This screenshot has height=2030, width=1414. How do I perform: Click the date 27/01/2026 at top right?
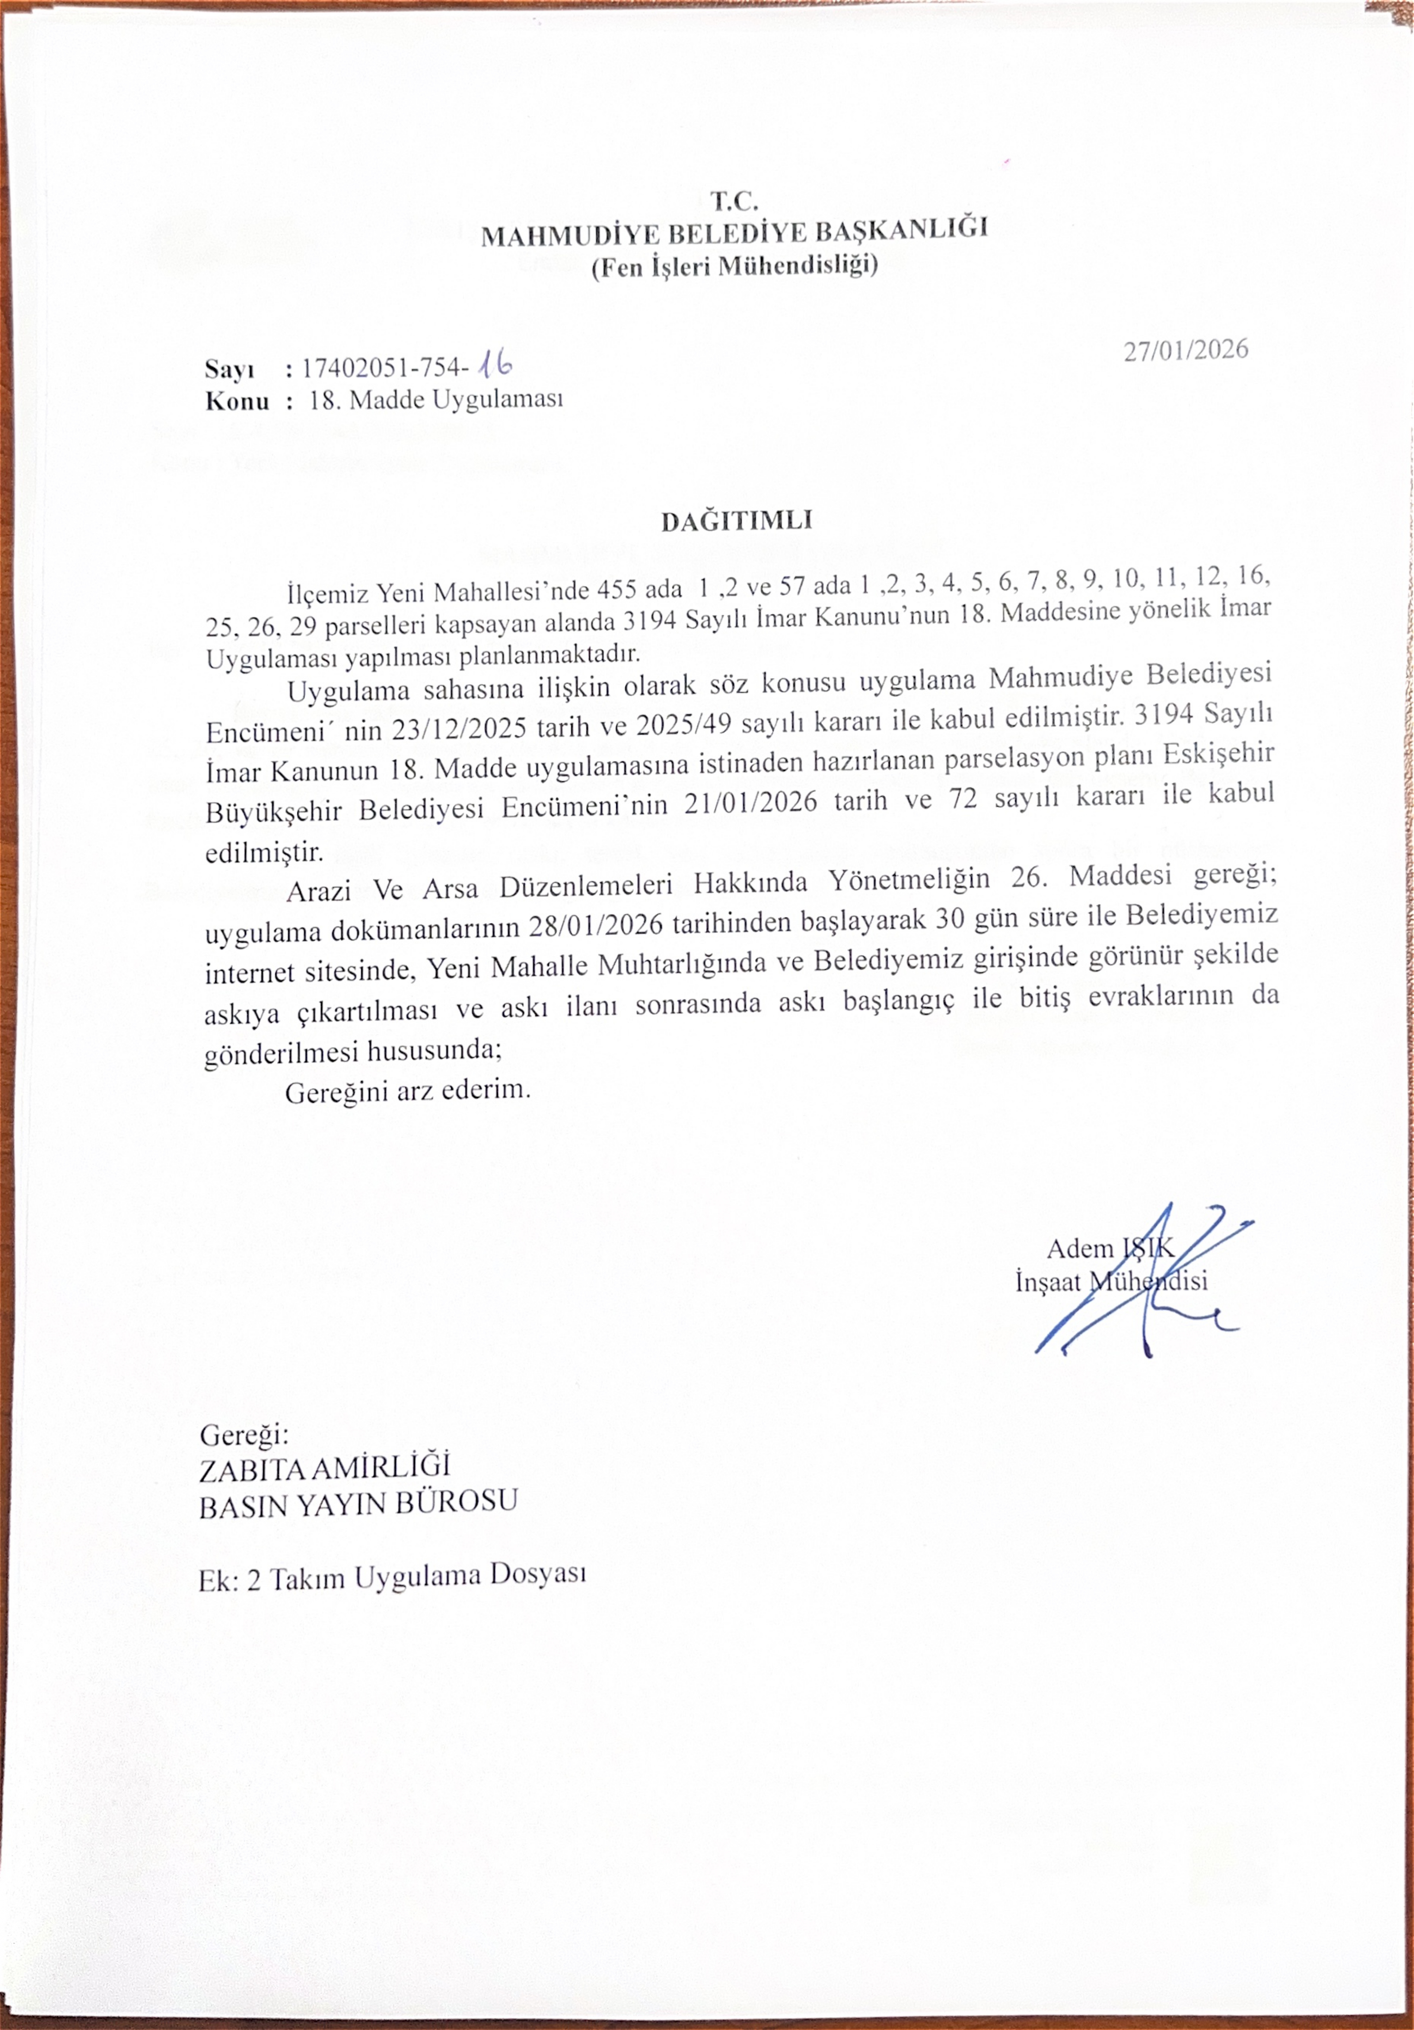click(x=1186, y=350)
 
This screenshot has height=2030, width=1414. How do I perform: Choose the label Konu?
click(x=237, y=401)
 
